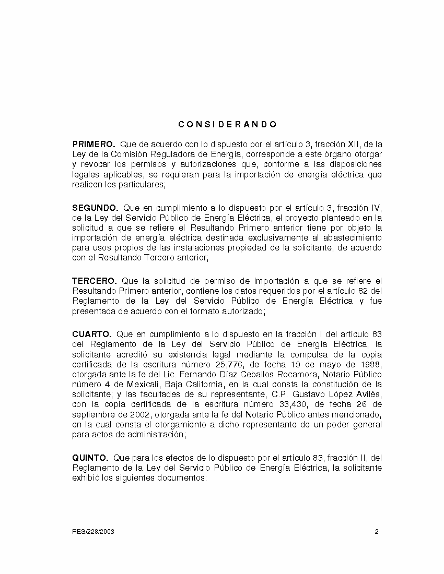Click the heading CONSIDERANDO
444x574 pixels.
coord(227,125)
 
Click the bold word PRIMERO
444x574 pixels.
coord(94,143)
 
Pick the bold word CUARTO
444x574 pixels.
coord(91,334)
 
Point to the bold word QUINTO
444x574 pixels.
coord(90,458)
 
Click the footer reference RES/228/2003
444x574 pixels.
coord(93,532)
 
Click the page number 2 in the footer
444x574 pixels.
coord(377,532)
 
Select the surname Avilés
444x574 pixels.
coord(369,394)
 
